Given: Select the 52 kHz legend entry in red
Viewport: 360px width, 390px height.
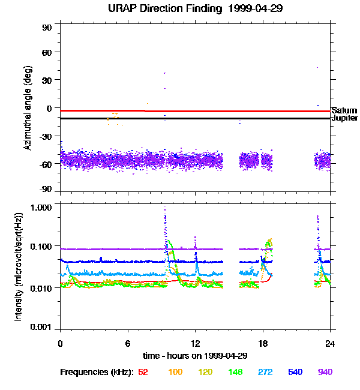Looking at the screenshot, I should pos(143,372).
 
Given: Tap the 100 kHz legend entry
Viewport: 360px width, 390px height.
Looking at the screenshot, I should pos(175,372).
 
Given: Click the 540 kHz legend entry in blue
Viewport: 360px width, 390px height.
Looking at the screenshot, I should pos(296,372).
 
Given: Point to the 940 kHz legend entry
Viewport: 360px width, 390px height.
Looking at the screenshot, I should pos(325,372).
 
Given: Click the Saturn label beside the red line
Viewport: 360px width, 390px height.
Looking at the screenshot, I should pos(344,111).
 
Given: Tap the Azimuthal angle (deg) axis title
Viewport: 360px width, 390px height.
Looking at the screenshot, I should pos(28,109).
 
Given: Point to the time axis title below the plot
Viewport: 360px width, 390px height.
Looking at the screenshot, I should pos(194,355).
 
